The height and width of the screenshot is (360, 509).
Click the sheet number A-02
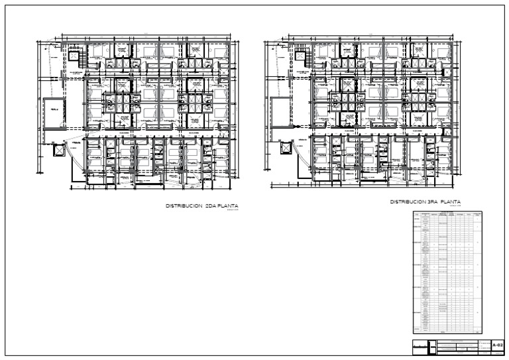[x=498, y=345]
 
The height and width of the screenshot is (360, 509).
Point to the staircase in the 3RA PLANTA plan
[x=302, y=59]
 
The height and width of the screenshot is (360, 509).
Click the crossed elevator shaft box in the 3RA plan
[x=287, y=147]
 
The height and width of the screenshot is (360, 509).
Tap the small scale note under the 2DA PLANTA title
[x=231, y=211]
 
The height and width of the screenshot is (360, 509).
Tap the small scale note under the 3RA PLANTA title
[x=455, y=207]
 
